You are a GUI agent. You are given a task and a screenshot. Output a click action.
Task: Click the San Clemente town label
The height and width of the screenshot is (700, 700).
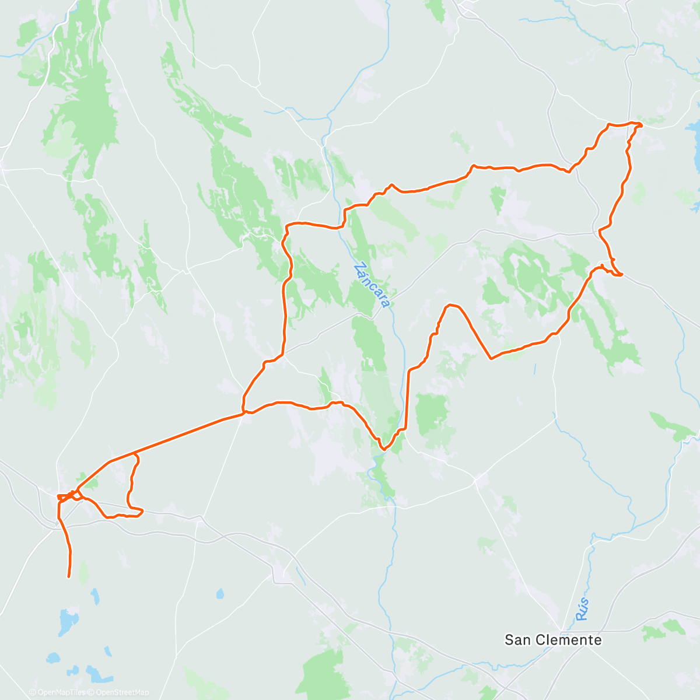[x=552, y=640]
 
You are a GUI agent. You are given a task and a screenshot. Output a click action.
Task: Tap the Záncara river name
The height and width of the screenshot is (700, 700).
[x=372, y=285]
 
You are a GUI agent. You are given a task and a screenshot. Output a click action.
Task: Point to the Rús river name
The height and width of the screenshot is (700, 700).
[x=582, y=609]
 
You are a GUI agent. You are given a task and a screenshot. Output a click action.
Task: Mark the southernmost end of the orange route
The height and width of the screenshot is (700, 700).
[x=69, y=577]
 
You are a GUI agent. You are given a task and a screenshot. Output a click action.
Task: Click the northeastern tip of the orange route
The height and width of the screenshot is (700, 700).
[x=640, y=125]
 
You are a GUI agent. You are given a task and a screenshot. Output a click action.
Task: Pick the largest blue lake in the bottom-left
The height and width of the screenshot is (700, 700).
[x=68, y=622]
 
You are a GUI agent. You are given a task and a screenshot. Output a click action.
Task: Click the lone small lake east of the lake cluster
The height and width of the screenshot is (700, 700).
[x=219, y=594]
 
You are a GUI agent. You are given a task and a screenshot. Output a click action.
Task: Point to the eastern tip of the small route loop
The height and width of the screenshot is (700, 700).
[x=142, y=512]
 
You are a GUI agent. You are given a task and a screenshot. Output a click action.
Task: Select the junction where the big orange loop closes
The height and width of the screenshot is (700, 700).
[x=244, y=413]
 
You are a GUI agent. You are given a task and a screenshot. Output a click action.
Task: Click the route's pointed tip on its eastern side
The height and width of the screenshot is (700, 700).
[x=622, y=274]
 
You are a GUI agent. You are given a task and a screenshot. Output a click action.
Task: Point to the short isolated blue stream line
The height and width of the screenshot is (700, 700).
[x=534, y=369]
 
